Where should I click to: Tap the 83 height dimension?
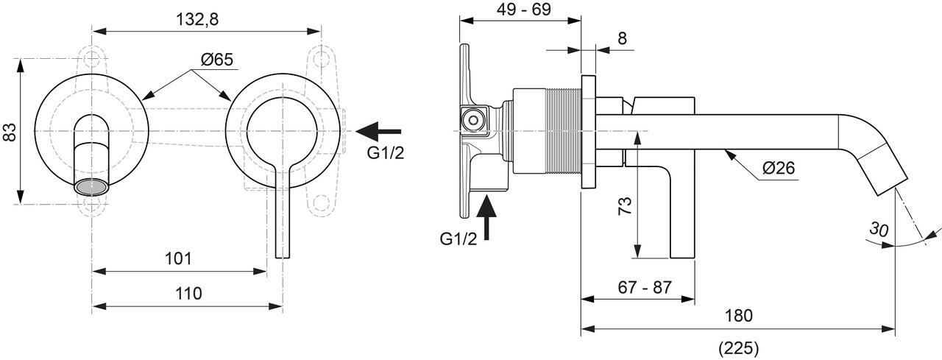tap(10, 132)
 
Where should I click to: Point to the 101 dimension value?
tap(178, 258)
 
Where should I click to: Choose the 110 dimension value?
tap(189, 294)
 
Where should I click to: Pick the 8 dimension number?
tap(622, 38)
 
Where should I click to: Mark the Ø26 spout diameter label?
tap(779, 168)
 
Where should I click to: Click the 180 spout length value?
tap(739, 316)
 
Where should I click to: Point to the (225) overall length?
tap(739, 347)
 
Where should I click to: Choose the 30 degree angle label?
tap(878, 229)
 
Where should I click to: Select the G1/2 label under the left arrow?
tap(386, 153)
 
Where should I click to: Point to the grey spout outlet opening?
tap(91, 186)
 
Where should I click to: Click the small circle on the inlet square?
tap(472, 117)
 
